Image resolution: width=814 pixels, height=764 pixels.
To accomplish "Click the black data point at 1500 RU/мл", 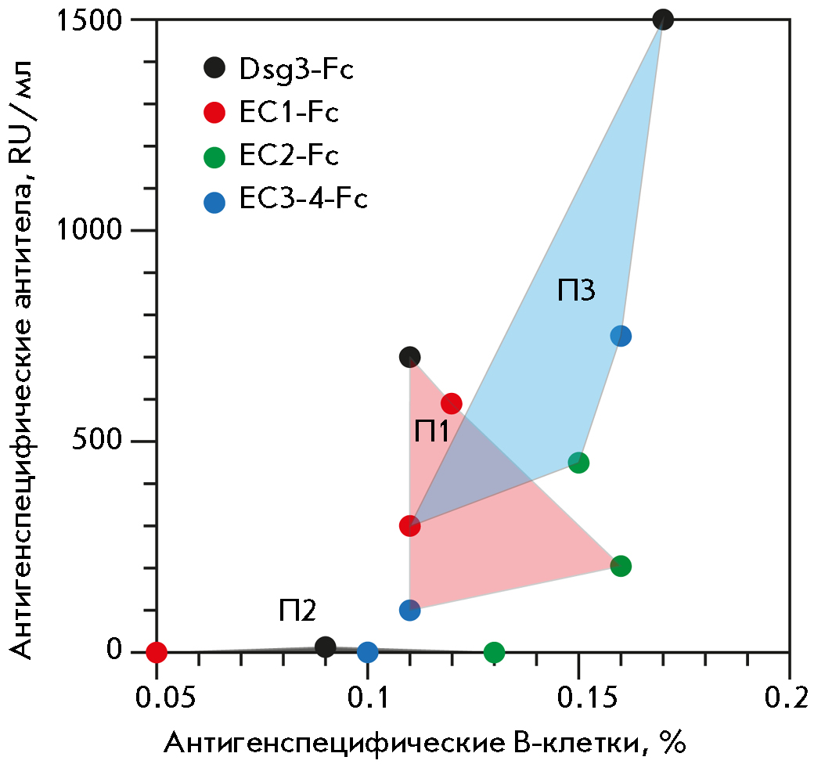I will [663, 20].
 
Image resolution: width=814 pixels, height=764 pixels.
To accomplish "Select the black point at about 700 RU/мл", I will [409, 357].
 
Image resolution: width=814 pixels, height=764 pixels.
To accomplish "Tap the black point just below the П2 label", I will [326, 647].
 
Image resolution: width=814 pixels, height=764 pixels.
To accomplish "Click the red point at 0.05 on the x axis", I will [157, 651].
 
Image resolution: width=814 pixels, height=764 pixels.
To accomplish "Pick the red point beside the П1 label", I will [452, 403].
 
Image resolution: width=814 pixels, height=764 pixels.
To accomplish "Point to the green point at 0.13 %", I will [494, 651].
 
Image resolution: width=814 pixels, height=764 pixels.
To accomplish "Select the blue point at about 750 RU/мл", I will [621, 336].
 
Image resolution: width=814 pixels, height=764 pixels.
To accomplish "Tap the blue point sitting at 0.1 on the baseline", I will [367, 651].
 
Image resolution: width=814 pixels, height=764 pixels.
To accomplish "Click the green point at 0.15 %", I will [578, 463].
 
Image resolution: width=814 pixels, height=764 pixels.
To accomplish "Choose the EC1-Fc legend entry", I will [274, 113].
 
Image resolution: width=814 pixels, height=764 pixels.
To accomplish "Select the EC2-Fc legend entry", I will [274, 157].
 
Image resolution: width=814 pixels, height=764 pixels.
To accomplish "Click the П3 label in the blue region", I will [577, 290].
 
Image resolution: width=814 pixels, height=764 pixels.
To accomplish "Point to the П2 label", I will [297, 610].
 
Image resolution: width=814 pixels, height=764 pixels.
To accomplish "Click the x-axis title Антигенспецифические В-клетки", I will [423, 742].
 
